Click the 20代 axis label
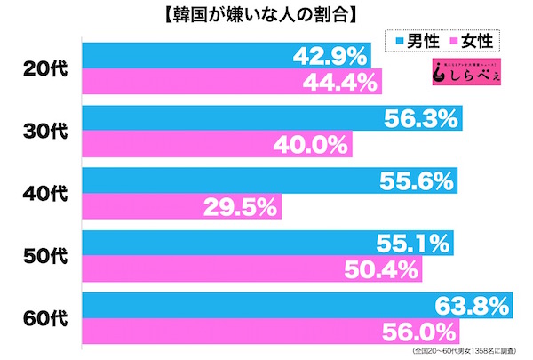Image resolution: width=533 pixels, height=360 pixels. click(x=41, y=71)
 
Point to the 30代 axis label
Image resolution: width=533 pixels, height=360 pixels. click(x=41, y=131)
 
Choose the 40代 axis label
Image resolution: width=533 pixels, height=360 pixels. click(x=41, y=190)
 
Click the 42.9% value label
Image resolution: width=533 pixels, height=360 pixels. click(x=330, y=57)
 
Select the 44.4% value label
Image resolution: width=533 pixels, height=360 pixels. click(x=342, y=85)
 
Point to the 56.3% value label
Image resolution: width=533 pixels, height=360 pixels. click(x=422, y=116)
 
